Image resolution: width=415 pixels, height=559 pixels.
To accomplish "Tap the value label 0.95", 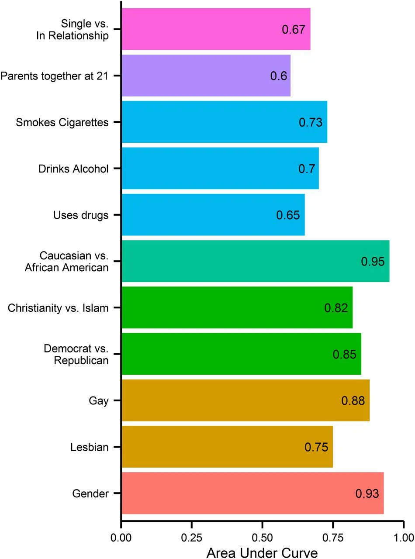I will [x=373, y=262].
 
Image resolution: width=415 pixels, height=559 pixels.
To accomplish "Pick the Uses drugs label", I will [x=81, y=215].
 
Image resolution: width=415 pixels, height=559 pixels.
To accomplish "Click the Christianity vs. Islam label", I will [x=58, y=308].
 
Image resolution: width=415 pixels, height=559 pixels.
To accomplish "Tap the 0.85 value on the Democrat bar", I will [x=344, y=354].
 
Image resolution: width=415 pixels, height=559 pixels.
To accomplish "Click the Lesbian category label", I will [x=89, y=447].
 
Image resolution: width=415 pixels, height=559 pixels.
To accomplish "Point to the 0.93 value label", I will [x=367, y=493].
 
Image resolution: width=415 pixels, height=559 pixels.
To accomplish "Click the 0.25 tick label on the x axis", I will [x=191, y=535].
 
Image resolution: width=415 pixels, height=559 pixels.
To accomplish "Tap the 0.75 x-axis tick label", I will [x=332, y=535].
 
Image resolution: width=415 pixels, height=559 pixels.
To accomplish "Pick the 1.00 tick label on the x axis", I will [x=402, y=535].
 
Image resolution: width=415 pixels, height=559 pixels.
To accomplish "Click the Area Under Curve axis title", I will [x=262, y=552].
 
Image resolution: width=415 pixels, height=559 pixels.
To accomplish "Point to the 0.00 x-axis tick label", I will [x=121, y=535].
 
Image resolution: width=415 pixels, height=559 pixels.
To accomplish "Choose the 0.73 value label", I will [x=310, y=122].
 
